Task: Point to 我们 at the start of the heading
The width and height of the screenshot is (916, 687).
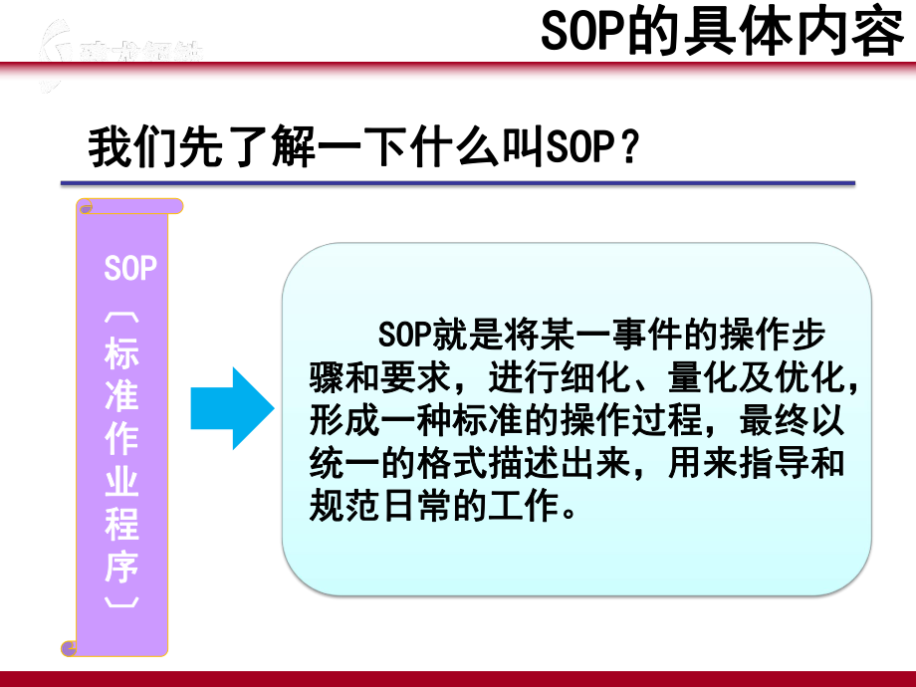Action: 127,150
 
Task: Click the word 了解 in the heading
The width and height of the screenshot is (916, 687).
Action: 283,150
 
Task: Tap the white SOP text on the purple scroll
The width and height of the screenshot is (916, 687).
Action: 130,269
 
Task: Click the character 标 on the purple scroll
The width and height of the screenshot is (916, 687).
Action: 122,356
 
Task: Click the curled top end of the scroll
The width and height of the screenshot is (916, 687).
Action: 129,206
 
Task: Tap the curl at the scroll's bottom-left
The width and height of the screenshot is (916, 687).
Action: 70,649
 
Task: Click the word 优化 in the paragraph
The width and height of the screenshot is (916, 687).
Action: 813,379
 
